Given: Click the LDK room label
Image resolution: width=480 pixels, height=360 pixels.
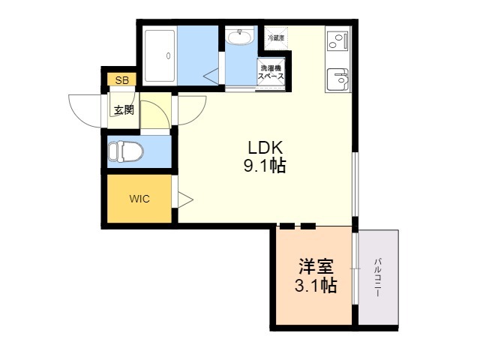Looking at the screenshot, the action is click(x=265, y=148).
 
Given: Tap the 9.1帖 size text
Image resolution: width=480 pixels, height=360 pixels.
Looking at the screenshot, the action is click(x=265, y=166).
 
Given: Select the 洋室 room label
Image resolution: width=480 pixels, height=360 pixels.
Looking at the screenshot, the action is click(x=316, y=267).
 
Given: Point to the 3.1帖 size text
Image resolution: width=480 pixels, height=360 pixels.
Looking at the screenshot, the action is click(x=316, y=285).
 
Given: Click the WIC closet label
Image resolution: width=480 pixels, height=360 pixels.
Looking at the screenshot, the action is click(x=139, y=199).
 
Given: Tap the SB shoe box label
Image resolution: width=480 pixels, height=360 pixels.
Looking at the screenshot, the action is click(x=121, y=80).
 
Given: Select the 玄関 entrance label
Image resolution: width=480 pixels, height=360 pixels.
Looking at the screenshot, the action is click(x=124, y=110).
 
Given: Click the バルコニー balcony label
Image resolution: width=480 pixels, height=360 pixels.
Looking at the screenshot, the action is click(x=377, y=277).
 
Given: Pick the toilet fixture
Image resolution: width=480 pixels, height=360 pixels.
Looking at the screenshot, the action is click(x=125, y=151).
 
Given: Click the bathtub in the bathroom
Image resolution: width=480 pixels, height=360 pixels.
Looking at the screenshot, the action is click(x=160, y=56).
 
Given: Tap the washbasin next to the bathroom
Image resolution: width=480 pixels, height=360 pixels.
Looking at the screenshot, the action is click(x=239, y=37).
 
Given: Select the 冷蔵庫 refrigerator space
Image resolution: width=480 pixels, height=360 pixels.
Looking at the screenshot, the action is click(x=276, y=38).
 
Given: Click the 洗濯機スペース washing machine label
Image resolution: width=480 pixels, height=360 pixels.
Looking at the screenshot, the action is click(x=271, y=72).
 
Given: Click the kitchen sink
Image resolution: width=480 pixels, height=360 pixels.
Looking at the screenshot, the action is click(x=337, y=79).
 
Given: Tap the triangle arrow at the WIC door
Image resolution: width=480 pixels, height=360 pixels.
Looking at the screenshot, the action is click(x=185, y=200).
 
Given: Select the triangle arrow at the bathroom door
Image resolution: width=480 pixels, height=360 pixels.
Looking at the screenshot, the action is click(x=211, y=76).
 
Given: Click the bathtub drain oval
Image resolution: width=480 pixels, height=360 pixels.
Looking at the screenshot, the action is click(x=168, y=56).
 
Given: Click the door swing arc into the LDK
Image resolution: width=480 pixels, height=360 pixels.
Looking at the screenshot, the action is click(x=198, y=115).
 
